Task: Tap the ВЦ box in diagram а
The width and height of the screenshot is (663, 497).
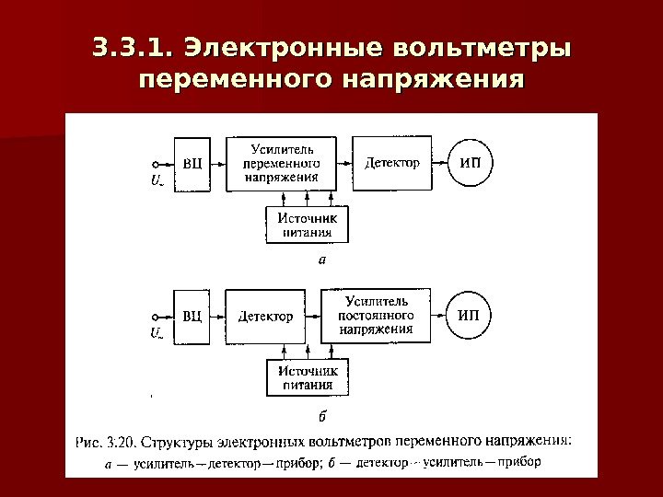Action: tap(192, 164)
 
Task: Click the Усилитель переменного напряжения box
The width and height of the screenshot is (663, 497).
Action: tap(281, 164)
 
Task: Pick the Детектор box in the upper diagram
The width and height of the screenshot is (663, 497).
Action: tap(392, 164)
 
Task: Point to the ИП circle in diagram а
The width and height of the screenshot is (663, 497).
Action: tap(470, 164)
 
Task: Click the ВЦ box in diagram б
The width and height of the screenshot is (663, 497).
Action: tap(192, 317)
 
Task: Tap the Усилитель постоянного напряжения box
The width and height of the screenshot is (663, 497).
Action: tap(376, 314)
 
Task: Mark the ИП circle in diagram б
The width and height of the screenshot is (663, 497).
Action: tap(469, 315)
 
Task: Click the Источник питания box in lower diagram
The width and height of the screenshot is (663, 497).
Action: tap(303, 376)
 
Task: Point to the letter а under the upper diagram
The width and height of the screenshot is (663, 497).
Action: tap(321, 260)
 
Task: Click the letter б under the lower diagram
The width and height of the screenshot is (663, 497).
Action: tap(321, 414)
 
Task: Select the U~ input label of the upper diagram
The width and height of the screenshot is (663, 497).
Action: tap(157, 180)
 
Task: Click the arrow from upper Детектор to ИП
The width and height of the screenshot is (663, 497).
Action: tap(439, 164)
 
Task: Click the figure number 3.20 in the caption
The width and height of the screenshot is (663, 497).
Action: tap(123, 441)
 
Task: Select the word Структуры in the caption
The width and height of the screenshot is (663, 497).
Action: tap(183, 441)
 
